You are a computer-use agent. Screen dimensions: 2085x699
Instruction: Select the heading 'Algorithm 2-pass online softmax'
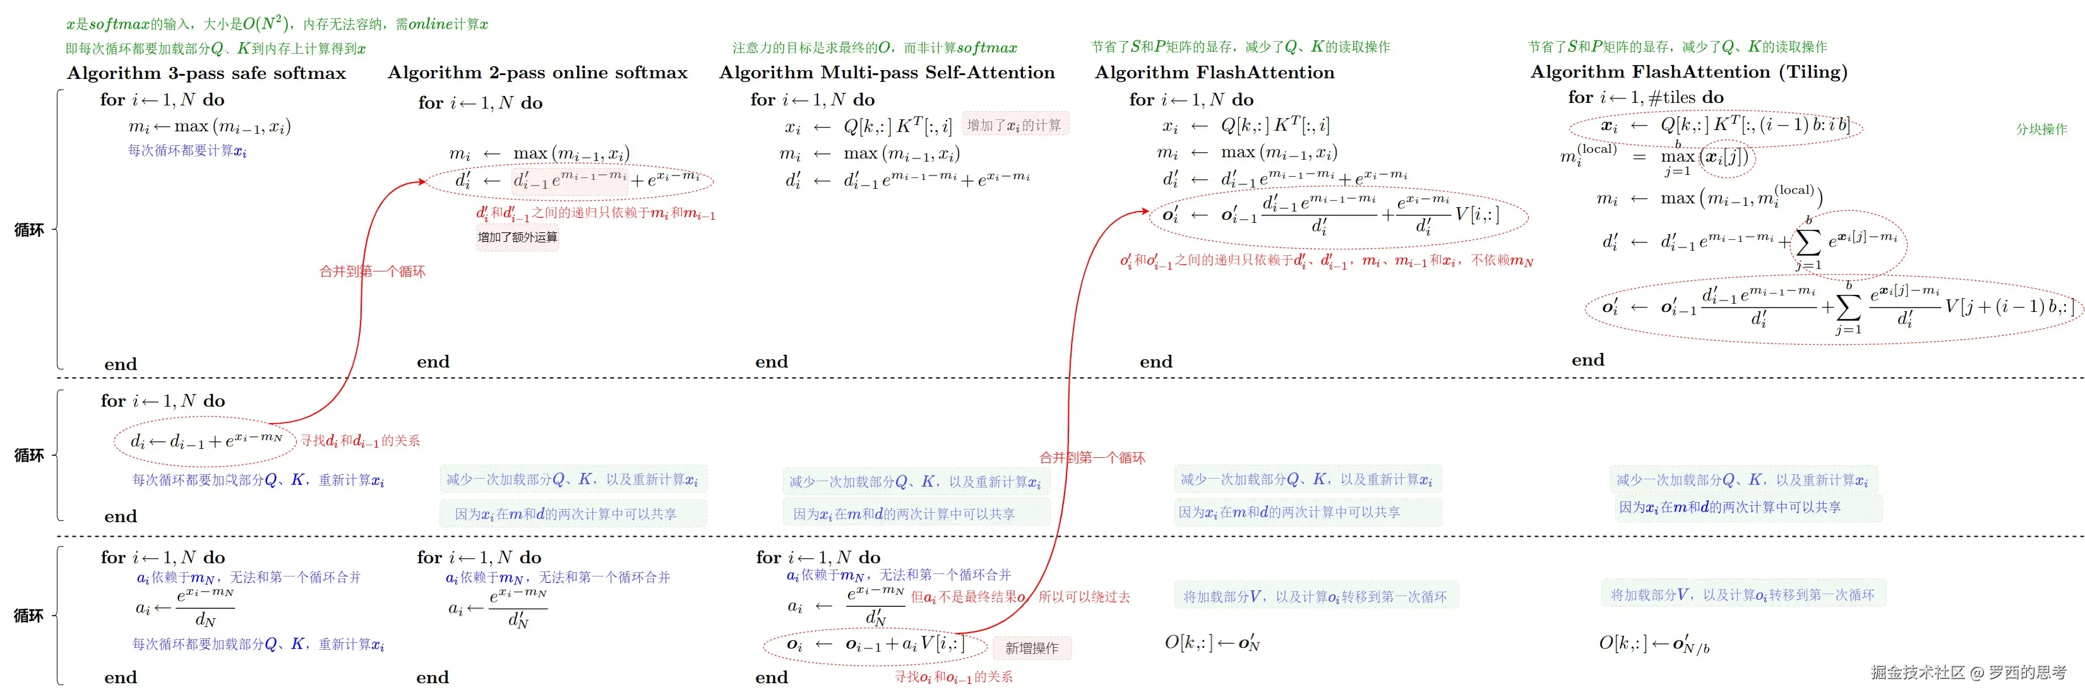(537, 73)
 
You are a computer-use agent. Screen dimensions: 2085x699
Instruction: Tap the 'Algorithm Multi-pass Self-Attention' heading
(887, 73)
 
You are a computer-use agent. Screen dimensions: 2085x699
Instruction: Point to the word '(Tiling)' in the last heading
(1813, 72)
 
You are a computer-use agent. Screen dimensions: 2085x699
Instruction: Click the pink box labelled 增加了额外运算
(517, 237)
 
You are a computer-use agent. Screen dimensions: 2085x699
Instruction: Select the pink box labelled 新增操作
(1031, 648)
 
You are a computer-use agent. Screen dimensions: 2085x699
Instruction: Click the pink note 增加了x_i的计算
(1014, 124)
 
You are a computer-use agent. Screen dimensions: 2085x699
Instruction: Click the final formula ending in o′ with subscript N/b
(1654, 644)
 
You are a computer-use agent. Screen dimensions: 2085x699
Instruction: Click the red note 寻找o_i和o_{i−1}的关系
(953, 677)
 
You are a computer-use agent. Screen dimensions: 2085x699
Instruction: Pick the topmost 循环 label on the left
(29, 230)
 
